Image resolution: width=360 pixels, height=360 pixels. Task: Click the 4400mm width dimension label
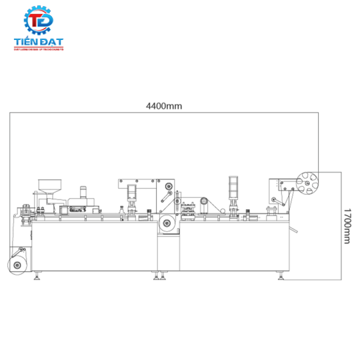coord(164,105)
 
